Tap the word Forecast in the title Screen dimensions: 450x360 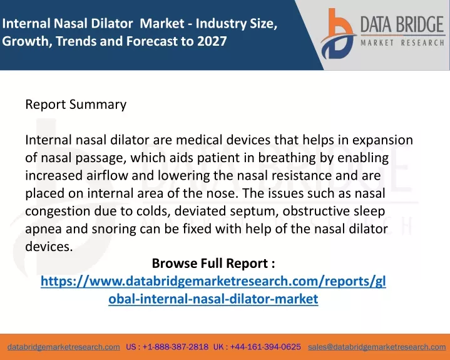click(x=151, y=41)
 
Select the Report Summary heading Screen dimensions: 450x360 click(x=76, y=105)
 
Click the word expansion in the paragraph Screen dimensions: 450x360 click(x=382, y=140)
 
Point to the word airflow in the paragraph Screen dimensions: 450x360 click(x=107, y=175)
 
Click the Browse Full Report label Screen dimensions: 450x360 click(x=213, y=263)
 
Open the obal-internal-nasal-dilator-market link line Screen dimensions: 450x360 click(x=213, y=299)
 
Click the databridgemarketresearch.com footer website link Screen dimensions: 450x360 click(x=64, y=347)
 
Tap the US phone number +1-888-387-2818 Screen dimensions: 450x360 click(x=175, y=347)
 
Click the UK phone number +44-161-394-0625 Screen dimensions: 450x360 click(x=265, y=347)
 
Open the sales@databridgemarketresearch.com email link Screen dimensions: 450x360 click(x=377, y=347)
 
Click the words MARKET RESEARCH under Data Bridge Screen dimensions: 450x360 click(x=402, y=43)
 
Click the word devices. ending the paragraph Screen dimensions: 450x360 click(x=49, y=247)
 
